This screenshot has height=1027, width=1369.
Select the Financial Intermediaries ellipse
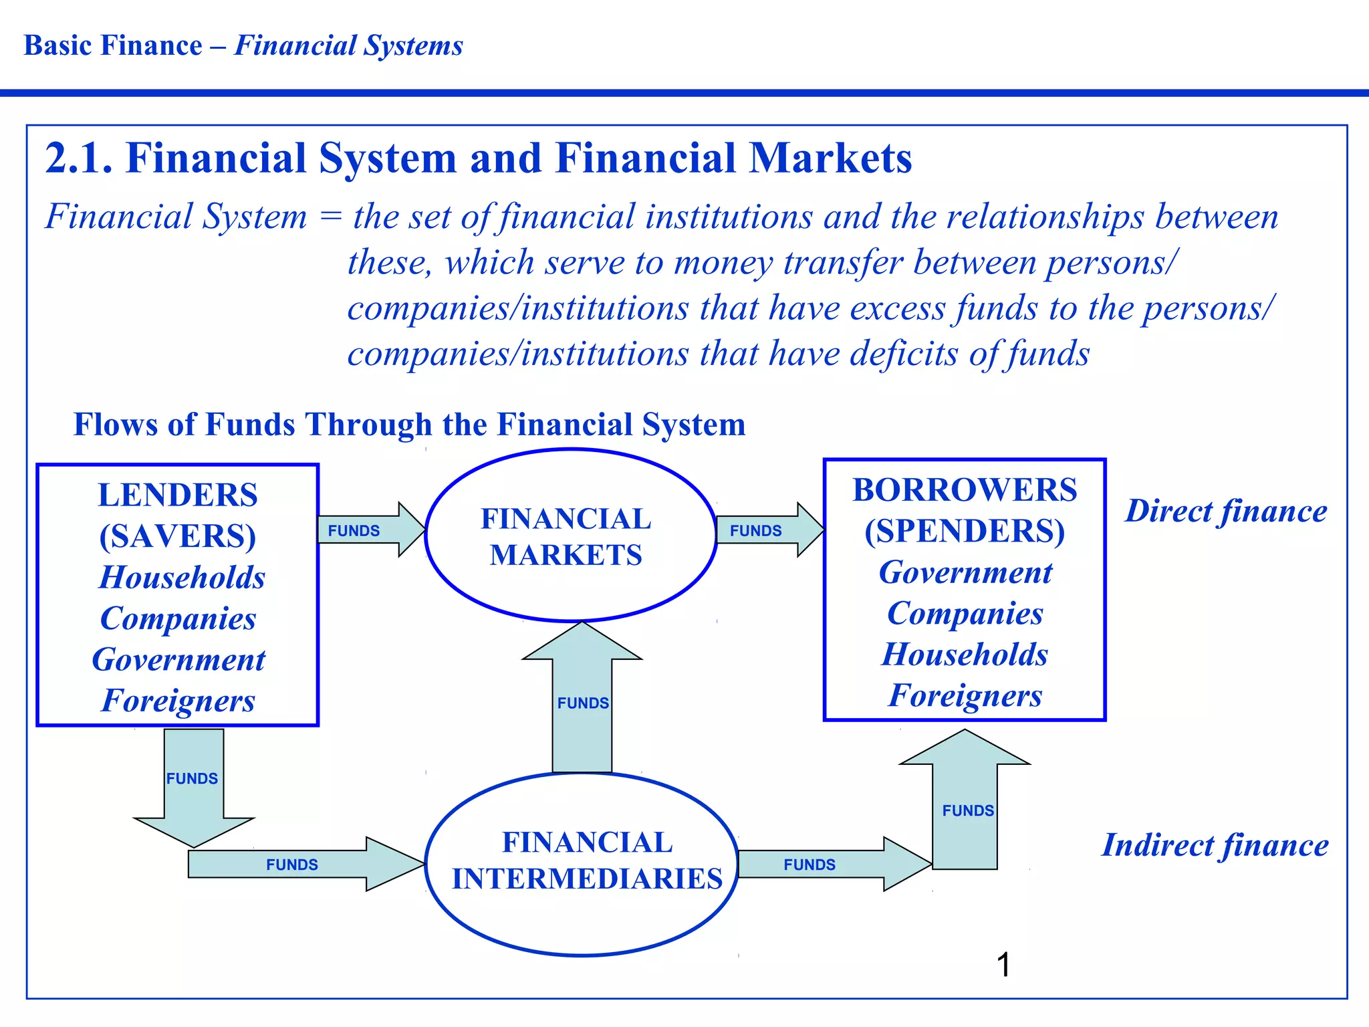pos(582,863)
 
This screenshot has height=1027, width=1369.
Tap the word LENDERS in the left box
pos(178,495)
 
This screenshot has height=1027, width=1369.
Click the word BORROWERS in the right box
pos(965,490)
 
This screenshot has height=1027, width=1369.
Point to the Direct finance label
pos(1226,511)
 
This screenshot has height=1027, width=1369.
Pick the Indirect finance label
pos(1215,845)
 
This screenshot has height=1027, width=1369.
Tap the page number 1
pos(1003,965)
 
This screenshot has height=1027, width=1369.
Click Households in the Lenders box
pos(182,578)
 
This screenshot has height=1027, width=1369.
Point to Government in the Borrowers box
pos(965,573)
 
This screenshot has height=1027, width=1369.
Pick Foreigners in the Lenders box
pos(178,701)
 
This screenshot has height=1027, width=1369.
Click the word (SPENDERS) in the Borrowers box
pos(965,532)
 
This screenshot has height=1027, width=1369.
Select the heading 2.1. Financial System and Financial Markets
pos(479,158)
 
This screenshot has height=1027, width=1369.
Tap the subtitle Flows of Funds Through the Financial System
pos(409,425)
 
